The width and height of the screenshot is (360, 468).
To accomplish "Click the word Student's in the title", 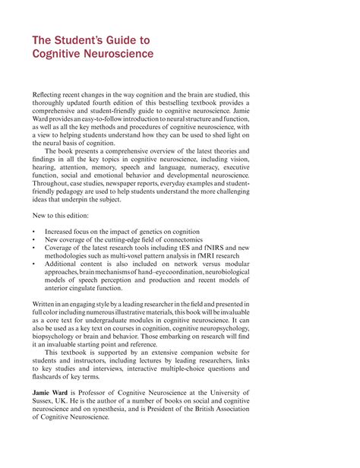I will (77, 40).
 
